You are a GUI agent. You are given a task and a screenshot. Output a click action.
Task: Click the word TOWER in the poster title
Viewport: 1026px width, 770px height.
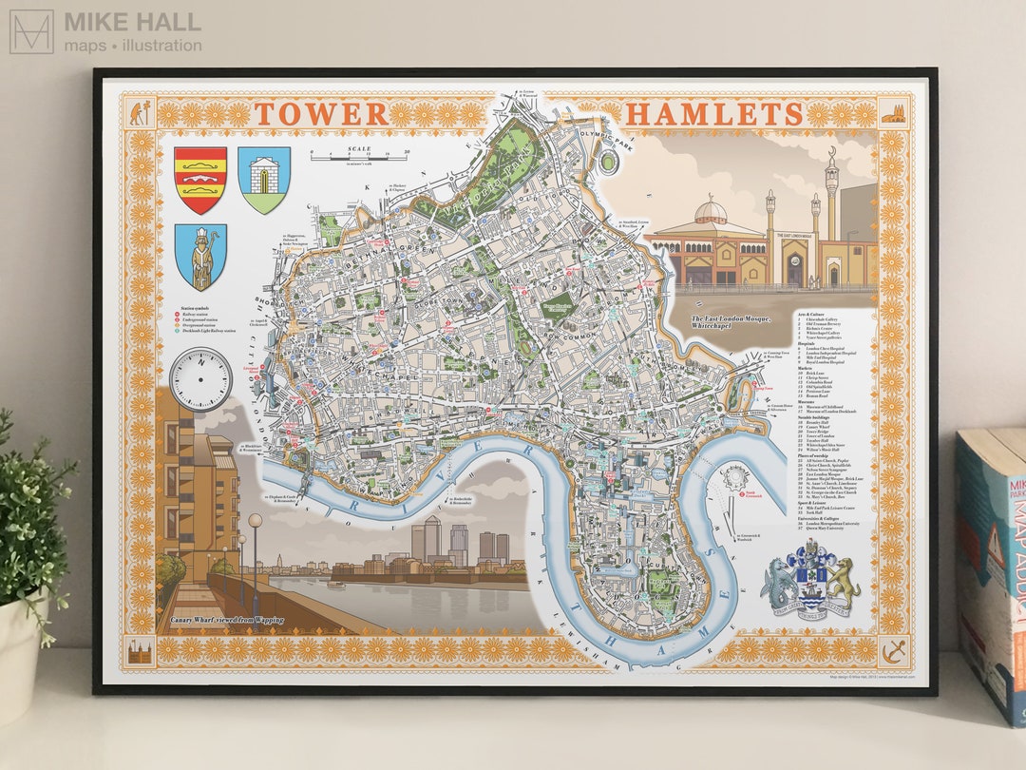pyautogui.click(x=321, y=114)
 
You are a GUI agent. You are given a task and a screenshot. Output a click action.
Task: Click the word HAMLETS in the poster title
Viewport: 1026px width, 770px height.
pyautogui.click(x=713, y=114)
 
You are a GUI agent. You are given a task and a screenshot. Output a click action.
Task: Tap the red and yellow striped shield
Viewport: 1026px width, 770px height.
pyautogui.click(x=200, y=180)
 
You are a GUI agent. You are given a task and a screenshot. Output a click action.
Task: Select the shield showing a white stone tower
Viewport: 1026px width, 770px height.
pyautogui.click(x=263, y=180)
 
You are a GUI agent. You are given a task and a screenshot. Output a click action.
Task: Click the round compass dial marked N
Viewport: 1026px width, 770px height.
pyautogui.click(x=200, y=379)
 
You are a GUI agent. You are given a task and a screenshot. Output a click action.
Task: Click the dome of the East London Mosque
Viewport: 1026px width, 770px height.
pyautogui.click(x=710, y=210)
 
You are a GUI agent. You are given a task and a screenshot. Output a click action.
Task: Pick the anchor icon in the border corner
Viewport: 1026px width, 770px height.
pyautogui.click(x=893, y=652)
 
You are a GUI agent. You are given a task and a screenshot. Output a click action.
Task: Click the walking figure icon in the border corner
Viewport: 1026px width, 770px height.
pyautogui.click(x=139, y=115)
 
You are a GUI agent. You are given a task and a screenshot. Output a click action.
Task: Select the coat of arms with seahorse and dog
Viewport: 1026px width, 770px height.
pyautogui.click(x=809, y=581)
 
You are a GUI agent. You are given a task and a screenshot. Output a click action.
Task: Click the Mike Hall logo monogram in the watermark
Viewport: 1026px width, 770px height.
pyautogui.click(x=31, y=31)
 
